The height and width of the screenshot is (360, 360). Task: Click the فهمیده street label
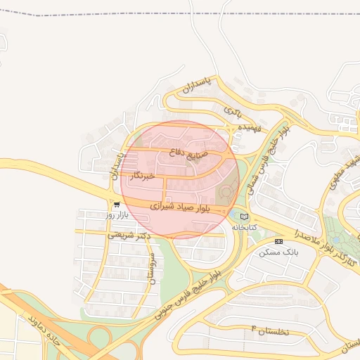coord(250,127)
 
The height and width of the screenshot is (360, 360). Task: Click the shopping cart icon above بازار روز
coord(116,205)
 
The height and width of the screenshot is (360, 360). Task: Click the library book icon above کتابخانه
coord(244,217)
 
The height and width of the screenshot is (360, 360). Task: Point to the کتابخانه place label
coord(241,227)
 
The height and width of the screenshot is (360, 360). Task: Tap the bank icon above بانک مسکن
coord(278,241)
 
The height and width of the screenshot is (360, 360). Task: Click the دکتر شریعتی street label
coord(130,236)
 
